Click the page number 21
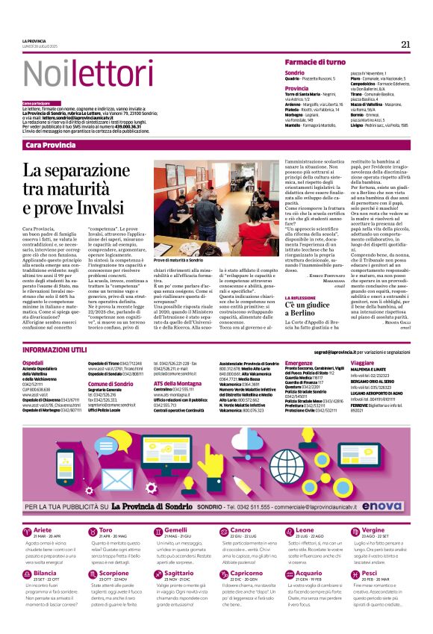405,44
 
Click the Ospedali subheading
34,362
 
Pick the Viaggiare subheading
364,362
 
